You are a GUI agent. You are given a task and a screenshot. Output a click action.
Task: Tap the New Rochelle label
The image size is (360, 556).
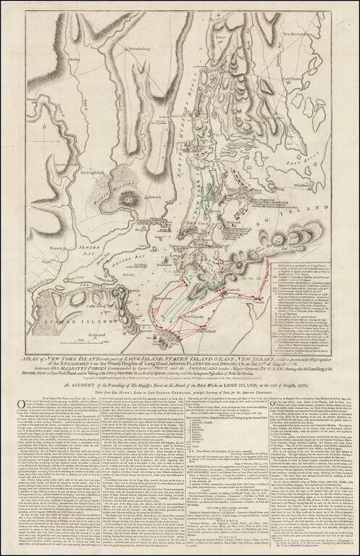click(325, 33)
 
